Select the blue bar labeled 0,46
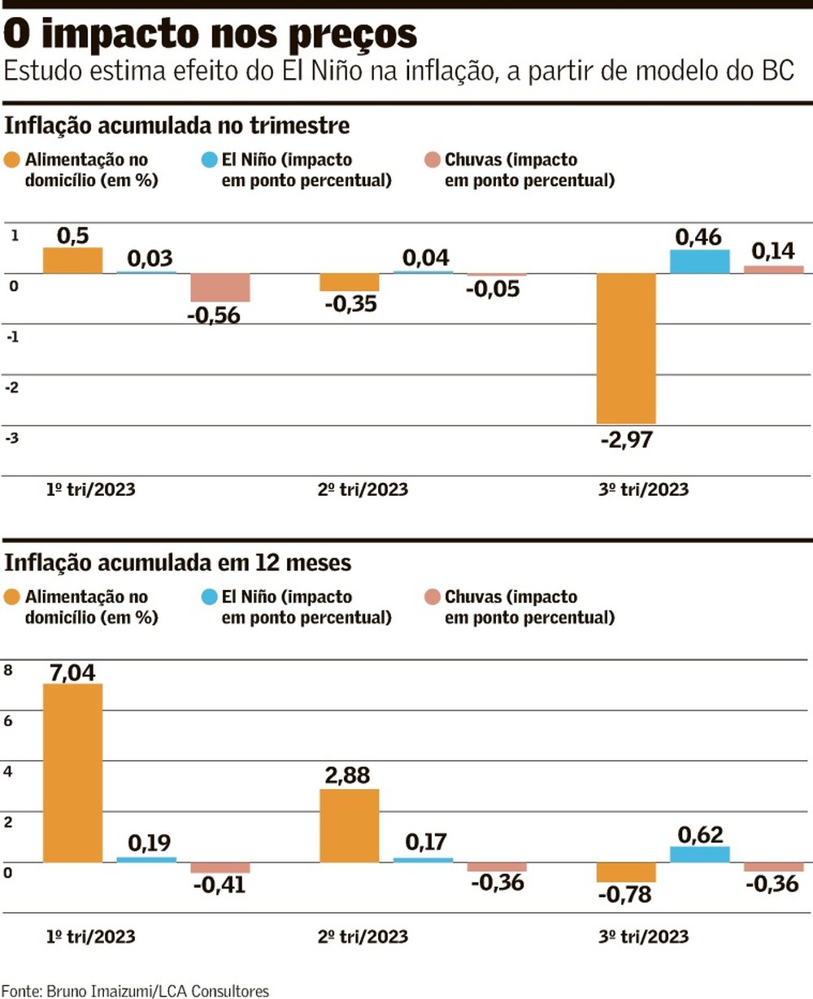(x=700, y=261)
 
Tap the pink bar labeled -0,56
(x=220, y=288)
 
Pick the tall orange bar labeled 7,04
(x=72, y=772)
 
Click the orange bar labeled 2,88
(x=349, y=825)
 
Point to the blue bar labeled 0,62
(x=700, y=853)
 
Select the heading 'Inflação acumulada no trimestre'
(x=177, y=126)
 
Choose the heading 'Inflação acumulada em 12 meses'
(x=178, y=562)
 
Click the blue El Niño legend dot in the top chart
(x=209, y=160)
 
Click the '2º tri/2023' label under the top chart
(x=363, y=490)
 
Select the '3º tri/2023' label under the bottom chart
(x=643, y=936)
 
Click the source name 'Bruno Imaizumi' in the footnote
(x=101, y=991)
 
